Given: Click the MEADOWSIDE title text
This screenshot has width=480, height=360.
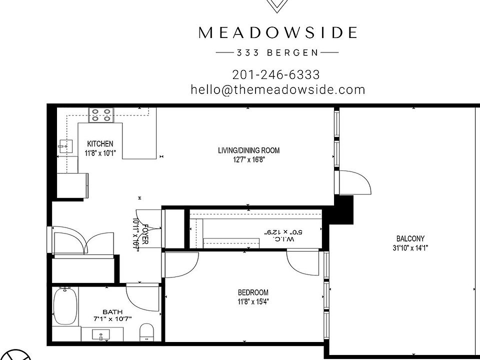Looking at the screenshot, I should (x=277, y=33).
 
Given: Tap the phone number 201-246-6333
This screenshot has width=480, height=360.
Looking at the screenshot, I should (x=276, y=74).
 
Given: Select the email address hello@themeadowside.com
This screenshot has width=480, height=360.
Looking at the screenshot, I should (x=277, y=89).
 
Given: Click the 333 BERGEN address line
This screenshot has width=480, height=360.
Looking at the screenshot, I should (x=276, y=52).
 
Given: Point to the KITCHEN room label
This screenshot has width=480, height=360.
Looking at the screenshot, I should (x=100, y=144).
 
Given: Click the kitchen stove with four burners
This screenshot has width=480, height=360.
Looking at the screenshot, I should (x=101, y=115).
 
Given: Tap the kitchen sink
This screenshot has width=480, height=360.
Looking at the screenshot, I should (x=64, y=145).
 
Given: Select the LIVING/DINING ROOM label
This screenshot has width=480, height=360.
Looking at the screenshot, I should (x=248, y=150).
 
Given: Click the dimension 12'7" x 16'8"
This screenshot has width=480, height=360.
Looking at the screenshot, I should (x=248, y=159).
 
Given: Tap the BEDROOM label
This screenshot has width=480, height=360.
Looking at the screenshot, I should (x=253, y=292).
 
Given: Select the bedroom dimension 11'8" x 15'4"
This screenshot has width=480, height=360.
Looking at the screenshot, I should (x=253, y=301).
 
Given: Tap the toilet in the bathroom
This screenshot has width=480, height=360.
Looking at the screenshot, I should (x=147, y=332).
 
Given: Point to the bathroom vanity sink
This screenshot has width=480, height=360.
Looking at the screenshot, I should (x=102, y=335).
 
